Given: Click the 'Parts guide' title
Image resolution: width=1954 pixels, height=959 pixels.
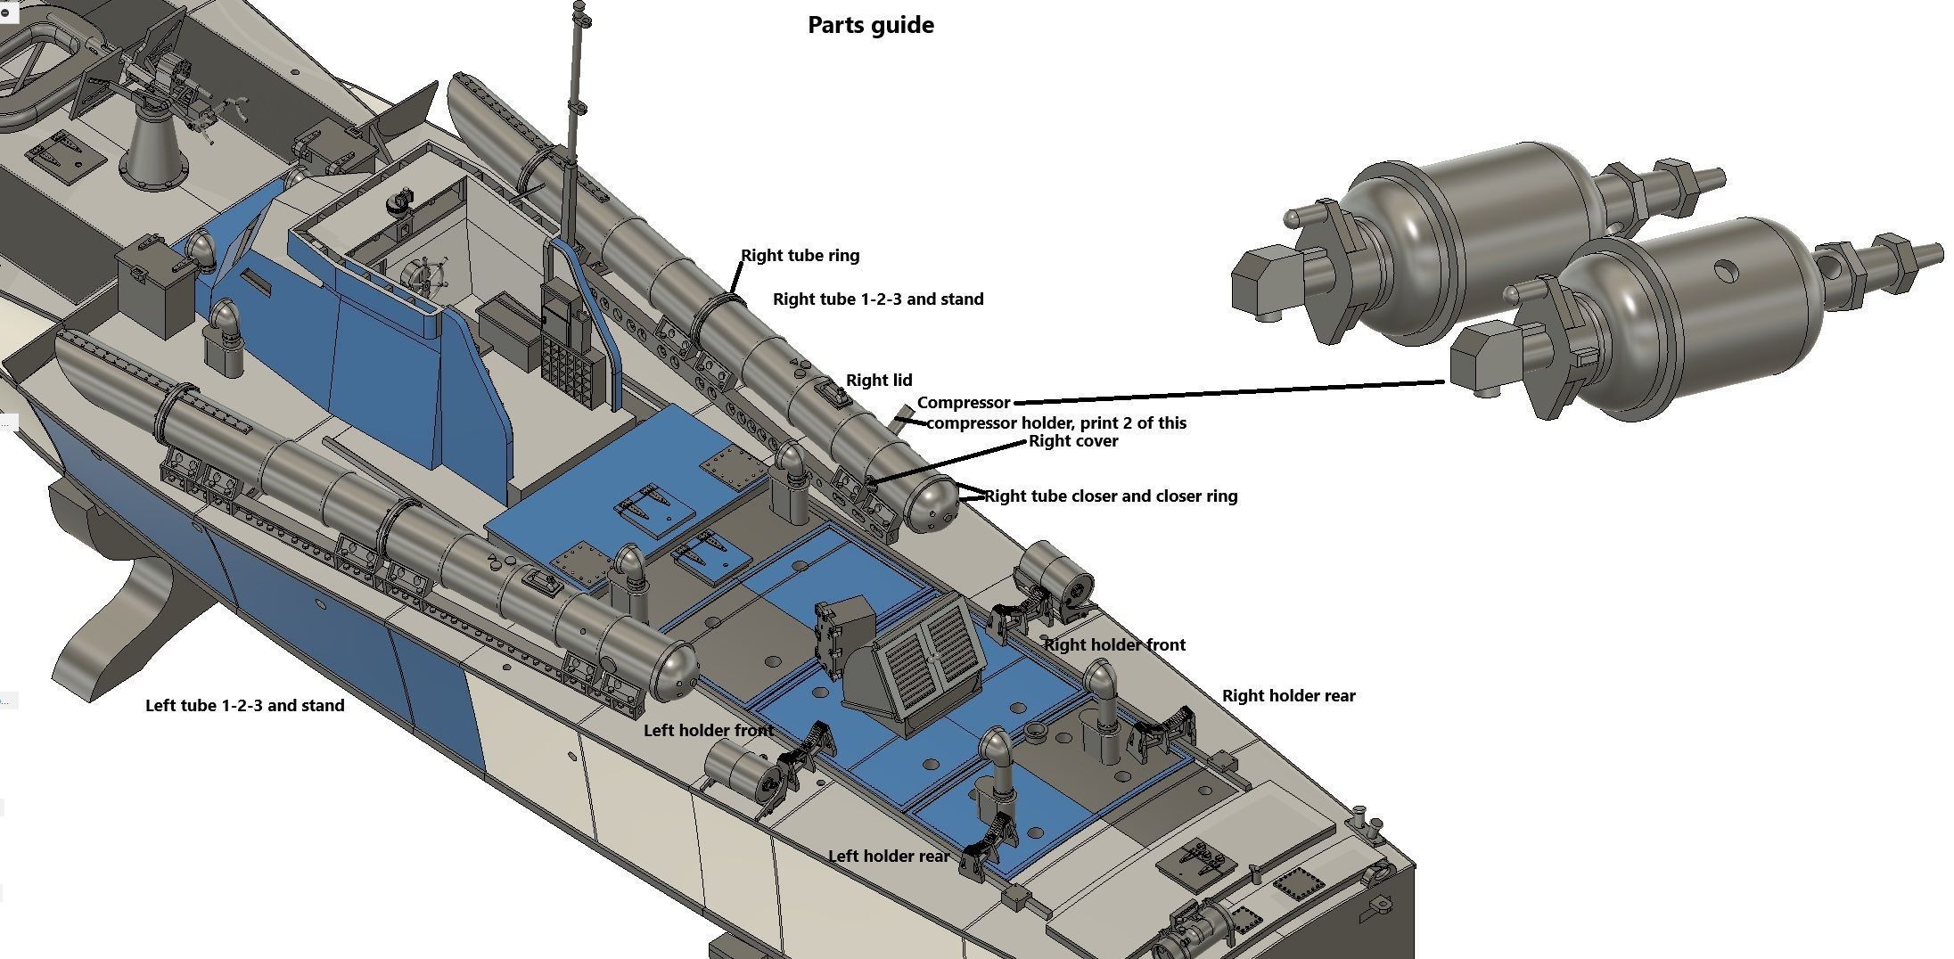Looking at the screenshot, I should click(870, 25).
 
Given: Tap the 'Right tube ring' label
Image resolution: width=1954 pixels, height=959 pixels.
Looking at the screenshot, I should click(800, 256).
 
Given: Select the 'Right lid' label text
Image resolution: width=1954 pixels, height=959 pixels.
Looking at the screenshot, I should click(878, 381).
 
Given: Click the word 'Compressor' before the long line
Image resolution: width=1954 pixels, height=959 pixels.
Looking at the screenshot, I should click(963, 403).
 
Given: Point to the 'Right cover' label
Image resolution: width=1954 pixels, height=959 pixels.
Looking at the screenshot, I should click(1072, 441).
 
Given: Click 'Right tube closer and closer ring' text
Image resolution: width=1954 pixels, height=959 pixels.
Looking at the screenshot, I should click(1111, 496).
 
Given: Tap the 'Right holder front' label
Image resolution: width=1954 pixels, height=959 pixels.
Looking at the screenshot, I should click(1114, 645).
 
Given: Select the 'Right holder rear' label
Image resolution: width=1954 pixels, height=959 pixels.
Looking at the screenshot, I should click(1288, 696).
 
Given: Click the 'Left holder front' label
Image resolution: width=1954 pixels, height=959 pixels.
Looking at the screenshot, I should click(708, 731).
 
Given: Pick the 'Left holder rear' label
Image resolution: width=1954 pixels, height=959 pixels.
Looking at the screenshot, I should click(888, 857).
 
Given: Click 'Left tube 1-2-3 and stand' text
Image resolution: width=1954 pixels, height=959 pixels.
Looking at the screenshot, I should click(244, 706).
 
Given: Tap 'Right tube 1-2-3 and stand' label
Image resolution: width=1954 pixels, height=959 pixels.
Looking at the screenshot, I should click(877, 299).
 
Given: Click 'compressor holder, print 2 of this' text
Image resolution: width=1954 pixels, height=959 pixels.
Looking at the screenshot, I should click(1056, 423).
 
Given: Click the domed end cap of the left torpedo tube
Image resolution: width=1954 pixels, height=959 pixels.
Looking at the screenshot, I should click(677, 670).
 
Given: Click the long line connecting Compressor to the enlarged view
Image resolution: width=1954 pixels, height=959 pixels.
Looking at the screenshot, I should click(1230, 393).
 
